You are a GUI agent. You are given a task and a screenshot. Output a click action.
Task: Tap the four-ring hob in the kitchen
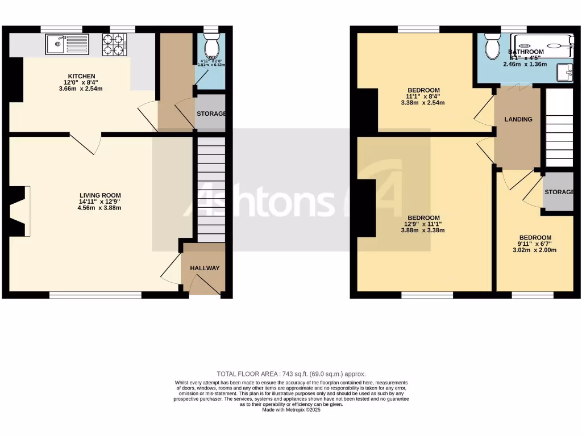114,45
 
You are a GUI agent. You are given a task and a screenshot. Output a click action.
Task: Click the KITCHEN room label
81,76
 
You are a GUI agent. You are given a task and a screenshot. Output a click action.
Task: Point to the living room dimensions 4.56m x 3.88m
100,208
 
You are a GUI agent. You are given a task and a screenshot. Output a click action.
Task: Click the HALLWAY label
205,268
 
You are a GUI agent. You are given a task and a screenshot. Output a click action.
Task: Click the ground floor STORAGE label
211,114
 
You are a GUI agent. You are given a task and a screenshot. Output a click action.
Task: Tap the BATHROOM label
526,52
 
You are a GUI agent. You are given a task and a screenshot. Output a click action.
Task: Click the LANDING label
518,119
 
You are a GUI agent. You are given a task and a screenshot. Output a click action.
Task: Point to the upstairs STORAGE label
559,192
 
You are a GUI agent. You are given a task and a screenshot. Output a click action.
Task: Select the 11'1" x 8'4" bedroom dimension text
423,97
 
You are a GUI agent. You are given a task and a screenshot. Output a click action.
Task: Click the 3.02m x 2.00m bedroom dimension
534,250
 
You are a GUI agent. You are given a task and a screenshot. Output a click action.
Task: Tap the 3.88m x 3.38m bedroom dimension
423,230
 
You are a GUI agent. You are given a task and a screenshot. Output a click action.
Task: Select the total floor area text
291,374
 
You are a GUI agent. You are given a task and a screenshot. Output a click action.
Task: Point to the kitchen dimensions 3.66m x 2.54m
81,89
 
